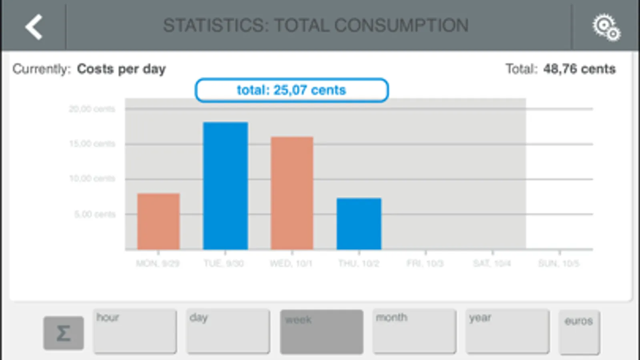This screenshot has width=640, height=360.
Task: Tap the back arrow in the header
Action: [x=34, y=26]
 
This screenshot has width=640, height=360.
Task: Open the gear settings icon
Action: [x=606, y=27]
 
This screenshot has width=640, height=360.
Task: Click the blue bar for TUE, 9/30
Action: [x=225, y=186]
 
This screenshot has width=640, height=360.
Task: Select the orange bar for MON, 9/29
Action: [x=158, y=221]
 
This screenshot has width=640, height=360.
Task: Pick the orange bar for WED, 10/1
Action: [x=292, y=193]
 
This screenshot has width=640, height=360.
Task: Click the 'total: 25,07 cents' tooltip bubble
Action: [x=291, y=90]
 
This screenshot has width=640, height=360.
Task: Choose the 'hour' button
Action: [x=135, y=331]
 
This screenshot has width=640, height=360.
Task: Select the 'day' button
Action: [x=228, y=331]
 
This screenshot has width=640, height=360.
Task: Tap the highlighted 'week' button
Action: [x=321, y=332]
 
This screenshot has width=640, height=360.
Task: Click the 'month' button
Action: [x=414, y=331]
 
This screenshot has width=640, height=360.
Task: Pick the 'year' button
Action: [x=507, y=331]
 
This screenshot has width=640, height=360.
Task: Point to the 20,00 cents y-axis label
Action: [x=92, y=109]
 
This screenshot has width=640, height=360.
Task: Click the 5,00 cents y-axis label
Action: [x=94, y=214]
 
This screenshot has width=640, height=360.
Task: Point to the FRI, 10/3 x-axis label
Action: [x=425, y=263]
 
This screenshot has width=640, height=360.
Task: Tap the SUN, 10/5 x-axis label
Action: [x=559, y=263]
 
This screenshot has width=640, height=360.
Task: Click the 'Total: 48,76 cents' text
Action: [x=560, y=69]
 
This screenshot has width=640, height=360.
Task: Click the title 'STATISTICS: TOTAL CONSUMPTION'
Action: [x=315, y=26]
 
